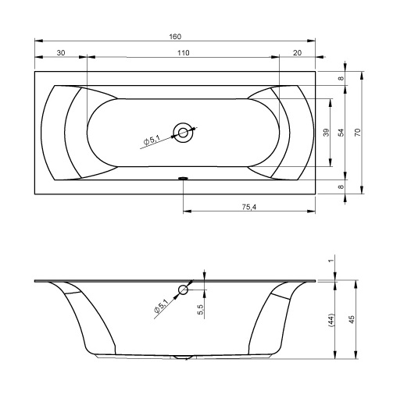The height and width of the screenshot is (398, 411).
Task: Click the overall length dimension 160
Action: [x=175, y=37]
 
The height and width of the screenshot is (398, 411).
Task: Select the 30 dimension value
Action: [x=60, y=52]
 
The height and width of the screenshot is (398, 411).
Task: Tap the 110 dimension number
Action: [x=183, y=53]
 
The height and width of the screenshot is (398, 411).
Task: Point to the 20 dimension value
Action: [x=297, y=53]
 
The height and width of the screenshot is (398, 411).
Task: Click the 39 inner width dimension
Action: [x=326, y=133]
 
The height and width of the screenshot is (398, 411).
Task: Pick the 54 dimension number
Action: [x=341, y=133]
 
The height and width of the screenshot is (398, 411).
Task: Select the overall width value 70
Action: [x=357, y=133]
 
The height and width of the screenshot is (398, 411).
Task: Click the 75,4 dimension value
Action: [x=249, y=207]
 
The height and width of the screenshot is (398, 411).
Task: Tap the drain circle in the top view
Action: [x=183, y=133]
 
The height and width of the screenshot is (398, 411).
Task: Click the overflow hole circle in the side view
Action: [x=183, y=290]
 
